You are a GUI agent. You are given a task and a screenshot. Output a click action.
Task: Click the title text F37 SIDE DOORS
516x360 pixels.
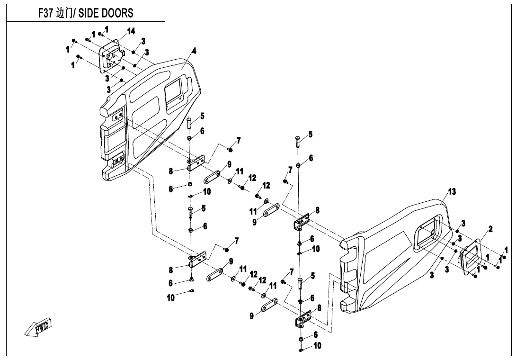pos(86,13)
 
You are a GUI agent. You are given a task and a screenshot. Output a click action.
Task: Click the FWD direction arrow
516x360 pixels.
pos(39,327)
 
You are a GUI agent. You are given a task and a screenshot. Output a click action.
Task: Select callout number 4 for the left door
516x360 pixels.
pos(194,50)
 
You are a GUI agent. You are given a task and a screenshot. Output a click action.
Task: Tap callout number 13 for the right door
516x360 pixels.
pos(452,191)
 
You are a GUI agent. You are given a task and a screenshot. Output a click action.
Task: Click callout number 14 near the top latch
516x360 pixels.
pos(131,31)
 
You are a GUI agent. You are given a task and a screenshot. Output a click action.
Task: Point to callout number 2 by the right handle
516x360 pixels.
pos(490,229)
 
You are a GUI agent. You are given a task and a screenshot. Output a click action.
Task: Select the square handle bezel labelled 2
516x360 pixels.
pos(472,258)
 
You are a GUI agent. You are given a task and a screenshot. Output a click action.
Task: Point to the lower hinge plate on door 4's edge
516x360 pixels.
pos(117,158)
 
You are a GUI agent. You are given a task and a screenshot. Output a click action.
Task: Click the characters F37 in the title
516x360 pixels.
pos(46,13)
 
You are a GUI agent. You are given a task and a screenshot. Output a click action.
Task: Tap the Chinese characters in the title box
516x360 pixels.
pos(63,13)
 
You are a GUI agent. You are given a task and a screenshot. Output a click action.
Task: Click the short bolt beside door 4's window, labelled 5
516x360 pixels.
pos(189,123)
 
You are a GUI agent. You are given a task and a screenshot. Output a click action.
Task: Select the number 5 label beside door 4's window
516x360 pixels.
pos(202,116)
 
